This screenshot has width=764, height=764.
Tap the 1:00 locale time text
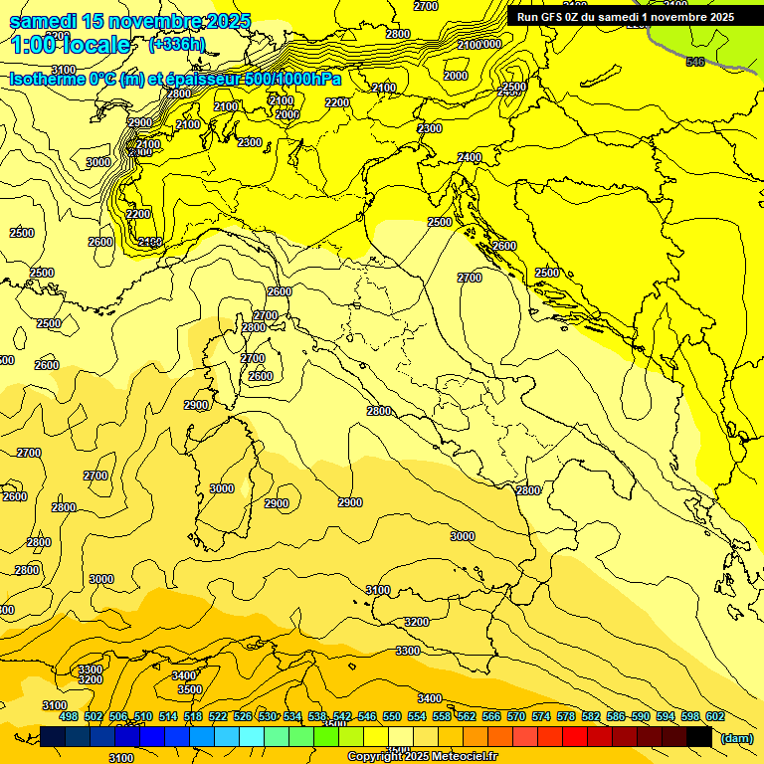(x=71, y=45)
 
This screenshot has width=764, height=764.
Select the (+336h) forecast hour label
(x=176, y=45)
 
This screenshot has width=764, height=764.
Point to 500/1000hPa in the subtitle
(x=293, y=80)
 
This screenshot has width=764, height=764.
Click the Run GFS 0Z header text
(x=558, y=17)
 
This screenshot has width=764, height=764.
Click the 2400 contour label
(x=470, y=158)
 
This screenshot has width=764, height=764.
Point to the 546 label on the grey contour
(x=694, y=63)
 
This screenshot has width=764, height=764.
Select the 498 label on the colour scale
(x=69, y=717)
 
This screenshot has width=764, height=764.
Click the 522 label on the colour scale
(x=218, y=717)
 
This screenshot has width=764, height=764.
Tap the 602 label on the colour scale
(x=715, y=717)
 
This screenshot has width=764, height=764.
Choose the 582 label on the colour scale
(x=591, y=717)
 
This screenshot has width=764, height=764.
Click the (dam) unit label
(x=737, y=738)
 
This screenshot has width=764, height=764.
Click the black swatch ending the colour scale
(x=699, y=737)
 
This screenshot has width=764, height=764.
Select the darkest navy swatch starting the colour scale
(x=53, y=737)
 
